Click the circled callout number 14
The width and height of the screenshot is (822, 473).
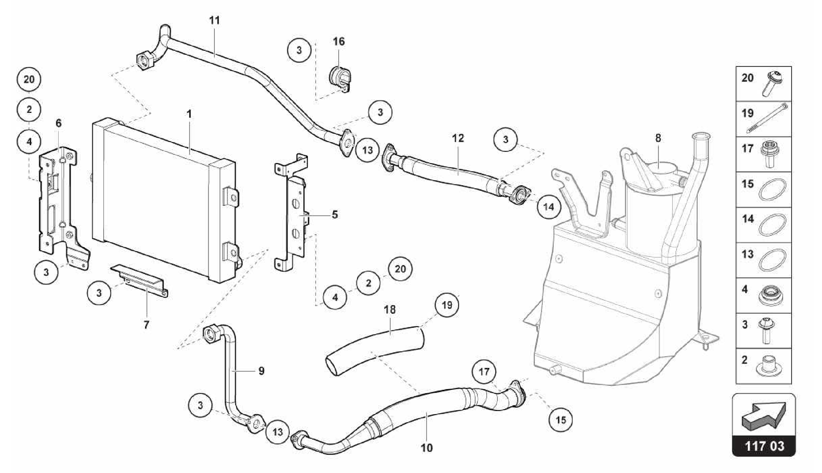[x=548, y=207]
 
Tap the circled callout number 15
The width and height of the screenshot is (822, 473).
[x=561, y=420]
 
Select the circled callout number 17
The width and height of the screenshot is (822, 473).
[x=484, y=372]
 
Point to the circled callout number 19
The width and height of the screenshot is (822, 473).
[x=447, y=305]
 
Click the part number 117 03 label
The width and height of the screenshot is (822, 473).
[x=764, y=446]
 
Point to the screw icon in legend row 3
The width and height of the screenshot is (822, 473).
[x=767, y=331]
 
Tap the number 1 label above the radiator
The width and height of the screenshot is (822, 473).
[x=189, y=114]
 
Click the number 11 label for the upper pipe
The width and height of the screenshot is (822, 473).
[x=215, y=20]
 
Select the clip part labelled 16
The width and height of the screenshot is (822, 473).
[x=340, y=79]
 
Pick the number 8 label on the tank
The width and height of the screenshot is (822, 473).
[x=658, y=138]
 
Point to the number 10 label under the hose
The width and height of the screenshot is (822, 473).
[x=427, y=447]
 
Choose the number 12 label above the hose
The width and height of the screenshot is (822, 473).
[x=458, y=138]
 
